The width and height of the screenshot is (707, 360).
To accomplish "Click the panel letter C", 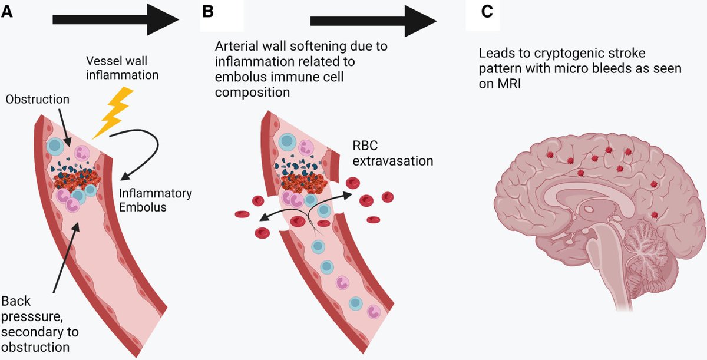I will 487,11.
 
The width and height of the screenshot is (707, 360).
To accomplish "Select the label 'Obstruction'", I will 37,100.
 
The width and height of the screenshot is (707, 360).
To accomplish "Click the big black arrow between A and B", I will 115,19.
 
